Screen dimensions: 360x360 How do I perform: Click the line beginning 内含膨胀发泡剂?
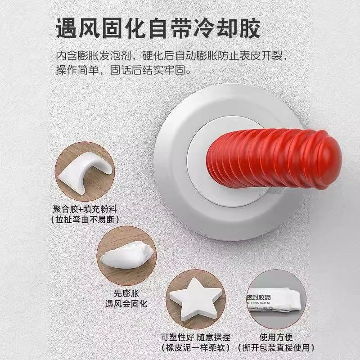[171, 58]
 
